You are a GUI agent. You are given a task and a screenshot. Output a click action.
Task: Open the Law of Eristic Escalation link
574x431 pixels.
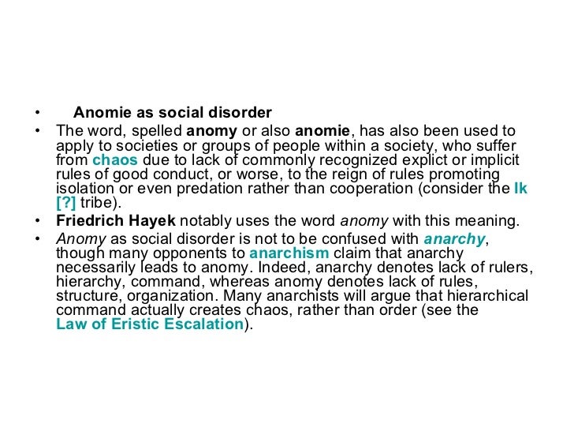(x=151, y=324)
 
